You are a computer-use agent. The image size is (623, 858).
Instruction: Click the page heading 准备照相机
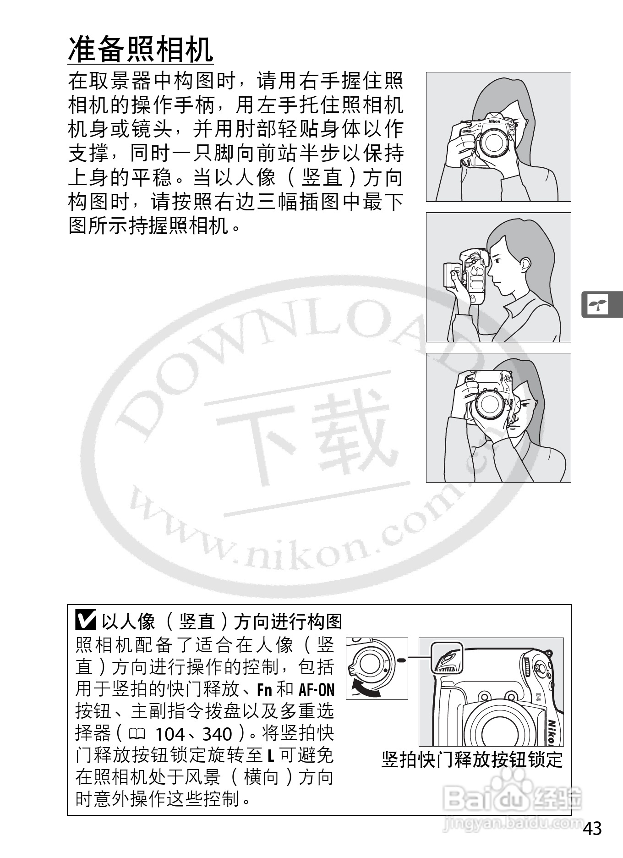pyautogui.click(x=141, y=49)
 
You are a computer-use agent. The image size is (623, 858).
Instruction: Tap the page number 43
pyautogui.click(x=592, y=829)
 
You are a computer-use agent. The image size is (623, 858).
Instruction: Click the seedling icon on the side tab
pyautogui.click(x=598, y=305)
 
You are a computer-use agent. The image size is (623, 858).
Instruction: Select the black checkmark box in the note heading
pyautogui.click(x=86, y=621)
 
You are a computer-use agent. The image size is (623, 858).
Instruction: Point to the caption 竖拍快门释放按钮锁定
pyautogui.click(x=472, y=760)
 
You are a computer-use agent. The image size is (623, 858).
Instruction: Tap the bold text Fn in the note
pyautogui.click(x=265, y=690)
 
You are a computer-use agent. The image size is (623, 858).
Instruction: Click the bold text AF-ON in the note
pyautogui.click(x=317, y=690)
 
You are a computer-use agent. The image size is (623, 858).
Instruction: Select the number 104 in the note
pyautogui.click(x=169, y=734)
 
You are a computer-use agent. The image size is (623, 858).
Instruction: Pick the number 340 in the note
pyautogui.click(x=217, y=734)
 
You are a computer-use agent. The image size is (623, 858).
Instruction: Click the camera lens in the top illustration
pyautogui.click(x=493, y=142)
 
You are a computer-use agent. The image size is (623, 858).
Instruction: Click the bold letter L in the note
pyautogui.click(x=270, y=757)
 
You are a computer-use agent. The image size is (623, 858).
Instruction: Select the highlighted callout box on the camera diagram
pyautogui.click(x=447, y=658)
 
